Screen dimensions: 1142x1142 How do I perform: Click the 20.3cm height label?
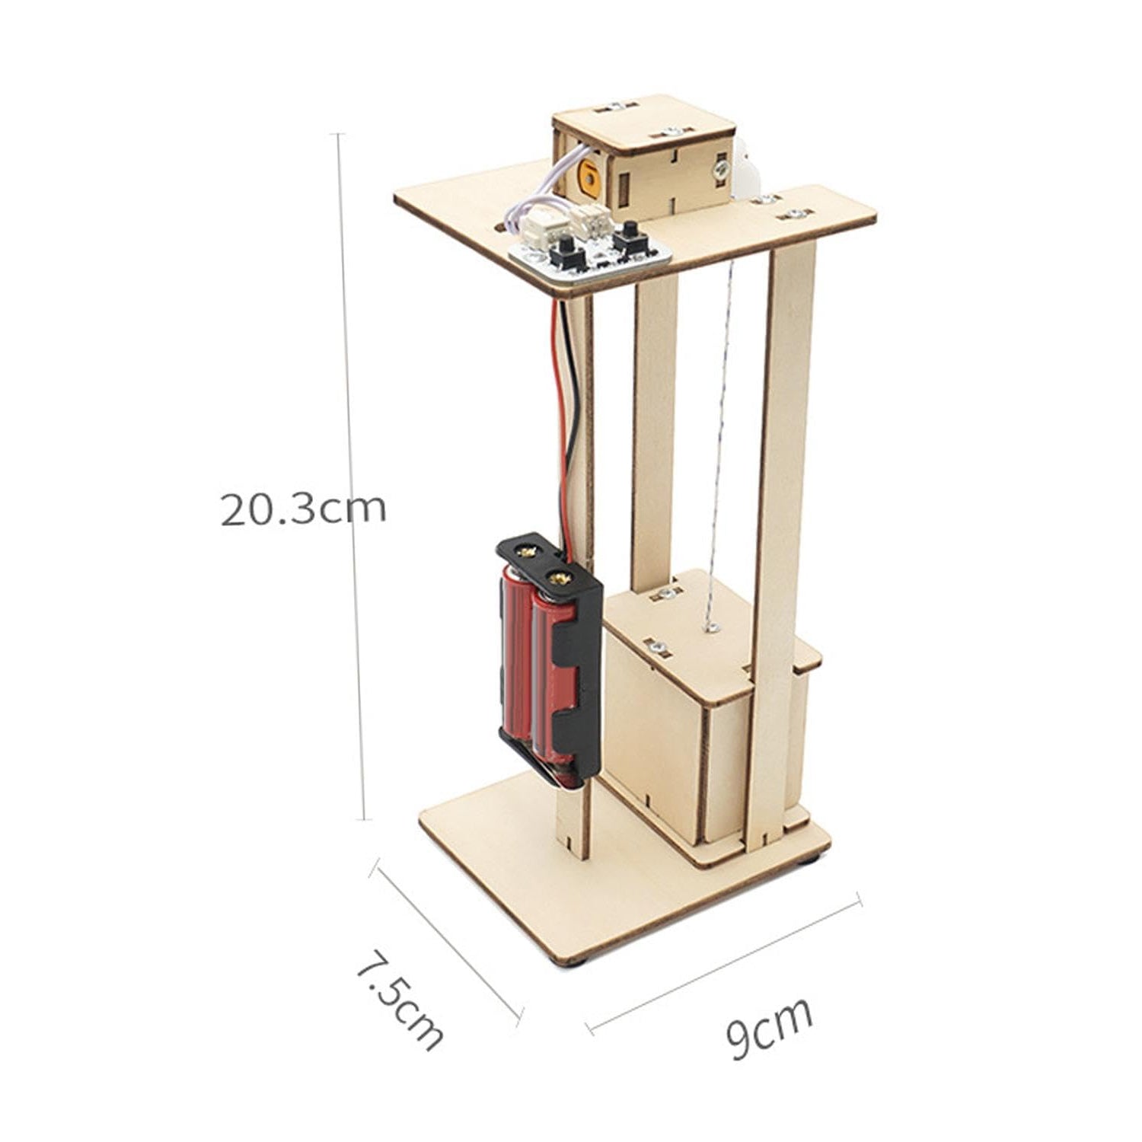click(304, 509)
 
